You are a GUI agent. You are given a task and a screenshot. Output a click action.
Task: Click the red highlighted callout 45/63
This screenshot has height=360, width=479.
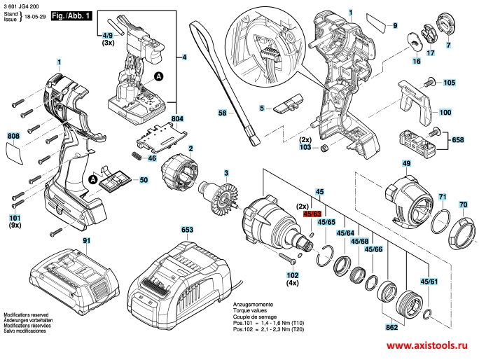[312, 214]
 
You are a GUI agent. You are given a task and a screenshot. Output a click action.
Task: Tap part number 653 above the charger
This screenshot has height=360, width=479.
[187, 229]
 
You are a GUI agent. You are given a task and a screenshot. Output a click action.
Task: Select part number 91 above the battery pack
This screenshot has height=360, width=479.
[87, 240]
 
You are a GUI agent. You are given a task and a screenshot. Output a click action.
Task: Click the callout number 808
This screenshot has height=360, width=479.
[13, 136]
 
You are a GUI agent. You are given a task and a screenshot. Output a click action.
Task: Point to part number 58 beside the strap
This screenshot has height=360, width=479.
[223, 113]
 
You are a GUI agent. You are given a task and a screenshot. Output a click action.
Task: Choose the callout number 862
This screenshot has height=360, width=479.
[392, 327]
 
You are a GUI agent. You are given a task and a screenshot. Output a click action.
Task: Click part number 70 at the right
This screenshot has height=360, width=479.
[463, 205]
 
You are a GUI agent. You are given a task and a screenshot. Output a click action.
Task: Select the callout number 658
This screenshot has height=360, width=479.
[458, 140]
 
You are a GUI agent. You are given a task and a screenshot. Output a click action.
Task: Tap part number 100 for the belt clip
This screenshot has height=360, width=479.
[445, 112]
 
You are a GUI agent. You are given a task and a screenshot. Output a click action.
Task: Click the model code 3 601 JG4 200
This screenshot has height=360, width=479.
[22, 5]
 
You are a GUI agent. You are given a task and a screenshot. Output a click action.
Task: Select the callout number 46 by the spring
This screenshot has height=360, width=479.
[151, 159]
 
